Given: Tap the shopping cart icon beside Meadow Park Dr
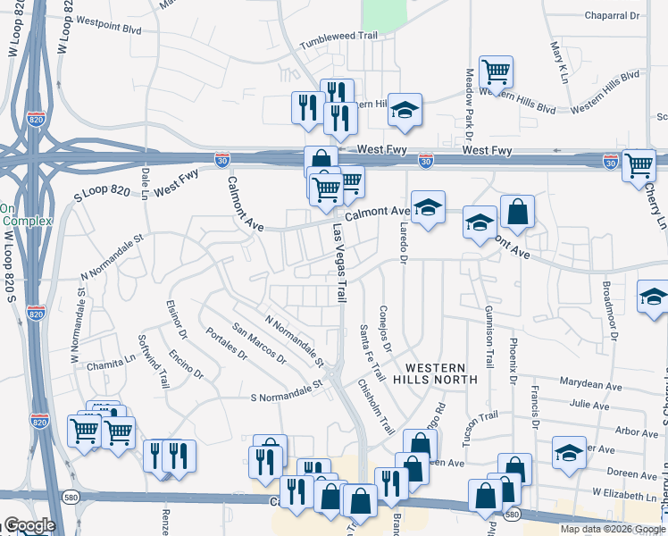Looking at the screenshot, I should (x=496, y=71).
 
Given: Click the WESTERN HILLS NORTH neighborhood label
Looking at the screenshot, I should (x=435, y=373).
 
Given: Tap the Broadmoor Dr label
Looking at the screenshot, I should (x=609, y=312).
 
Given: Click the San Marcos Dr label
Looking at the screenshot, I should (x=258, y=344).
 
